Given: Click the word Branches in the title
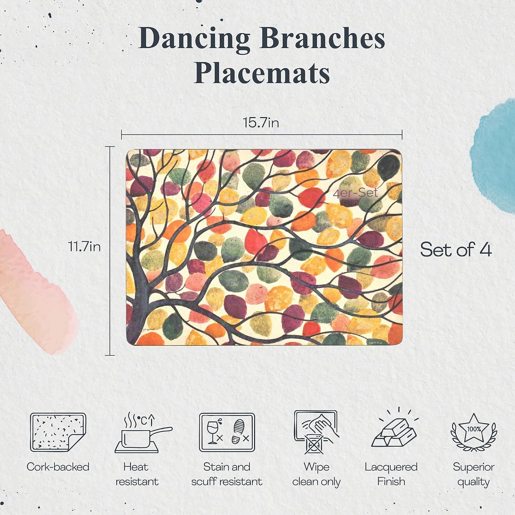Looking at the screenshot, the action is [x=322, y=37].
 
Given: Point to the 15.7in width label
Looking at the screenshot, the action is [x=261, y=123].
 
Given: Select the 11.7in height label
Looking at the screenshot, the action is [x=84, y=247].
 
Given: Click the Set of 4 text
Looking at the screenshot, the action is [x=456, y=249].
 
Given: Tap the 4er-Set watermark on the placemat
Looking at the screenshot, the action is [x=355, y=193].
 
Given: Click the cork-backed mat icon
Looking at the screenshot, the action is [x=58, y=432].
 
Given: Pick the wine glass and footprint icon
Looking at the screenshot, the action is [x=227, y=432].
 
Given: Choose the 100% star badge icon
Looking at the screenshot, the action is [x=474, y=432].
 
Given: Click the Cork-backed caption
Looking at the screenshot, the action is [x=58, y=467].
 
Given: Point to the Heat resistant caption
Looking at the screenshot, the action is [x=137, y=474].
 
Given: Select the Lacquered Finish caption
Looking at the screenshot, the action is [x=391, y=474].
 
